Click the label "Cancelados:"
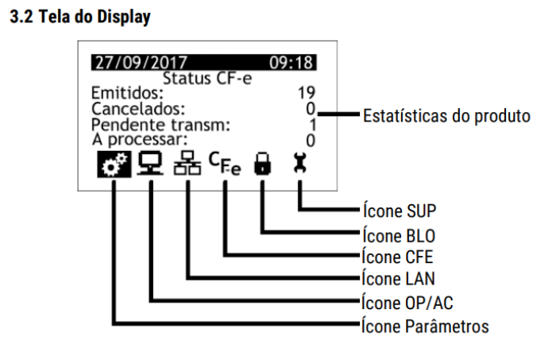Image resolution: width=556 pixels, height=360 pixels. (129, 107)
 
